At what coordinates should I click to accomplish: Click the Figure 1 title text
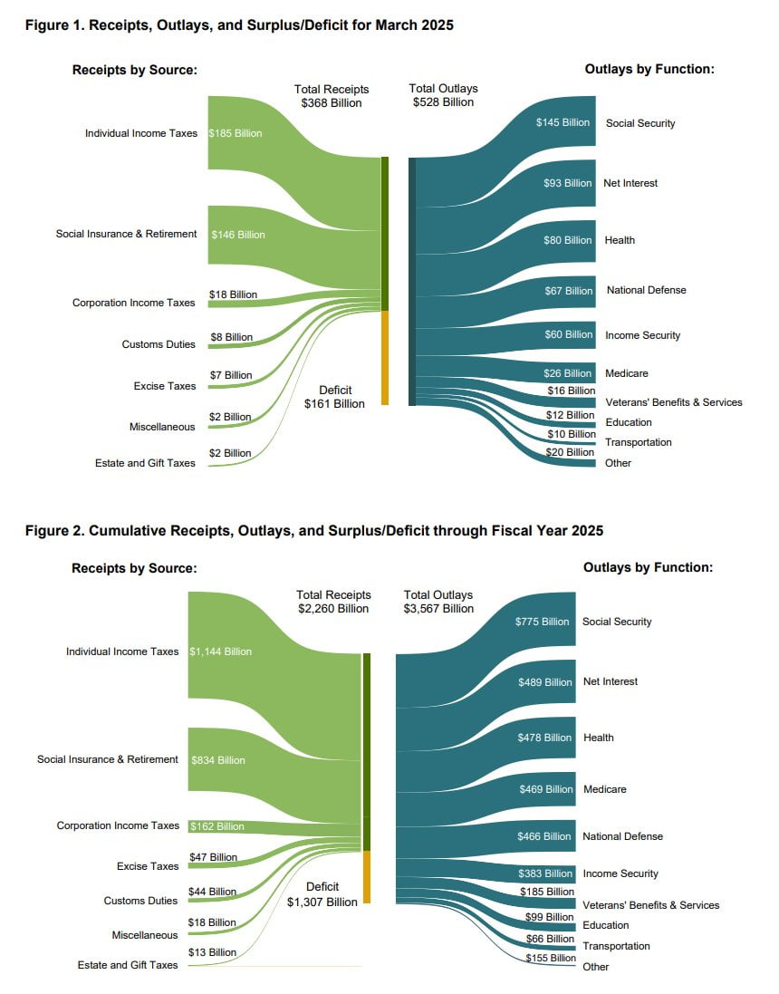(239, 25)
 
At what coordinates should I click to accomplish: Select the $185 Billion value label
(236, 133)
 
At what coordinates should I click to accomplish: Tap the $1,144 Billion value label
(221, 651)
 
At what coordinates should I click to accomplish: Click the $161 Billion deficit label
(334, 403)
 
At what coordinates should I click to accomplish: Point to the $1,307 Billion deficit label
(322, 902)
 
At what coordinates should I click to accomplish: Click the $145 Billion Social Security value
(563, 122)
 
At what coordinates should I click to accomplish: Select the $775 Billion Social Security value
(543, 622)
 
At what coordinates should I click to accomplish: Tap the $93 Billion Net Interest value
(567, 183)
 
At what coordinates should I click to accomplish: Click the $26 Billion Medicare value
(567, 373)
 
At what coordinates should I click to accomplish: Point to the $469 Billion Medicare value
(546, 789)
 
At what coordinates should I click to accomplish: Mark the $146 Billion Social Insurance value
(238, 235)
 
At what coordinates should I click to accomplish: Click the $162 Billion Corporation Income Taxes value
(217, 826)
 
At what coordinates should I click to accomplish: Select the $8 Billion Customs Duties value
(231, 337)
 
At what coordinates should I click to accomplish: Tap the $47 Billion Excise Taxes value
(213, 857)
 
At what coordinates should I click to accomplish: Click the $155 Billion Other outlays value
(551, 958)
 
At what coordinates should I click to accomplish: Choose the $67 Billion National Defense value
(567, 291)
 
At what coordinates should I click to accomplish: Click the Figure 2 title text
(313, 530)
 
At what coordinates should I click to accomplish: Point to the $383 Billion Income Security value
(545, 873)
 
